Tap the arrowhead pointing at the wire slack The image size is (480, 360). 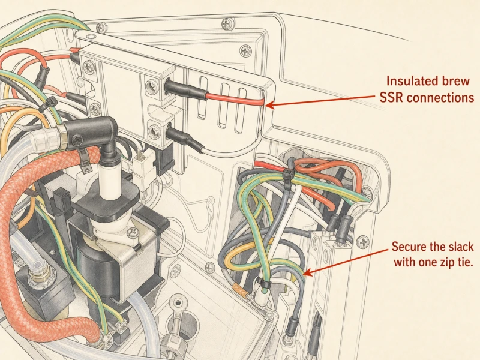[308, 272]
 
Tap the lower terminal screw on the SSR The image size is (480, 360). [153, 131]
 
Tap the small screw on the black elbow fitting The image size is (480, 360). [77, 140]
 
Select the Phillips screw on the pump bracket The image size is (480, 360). [133, 233]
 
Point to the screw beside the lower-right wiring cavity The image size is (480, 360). [364, 242]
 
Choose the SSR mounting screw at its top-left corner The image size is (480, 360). [89, 66]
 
